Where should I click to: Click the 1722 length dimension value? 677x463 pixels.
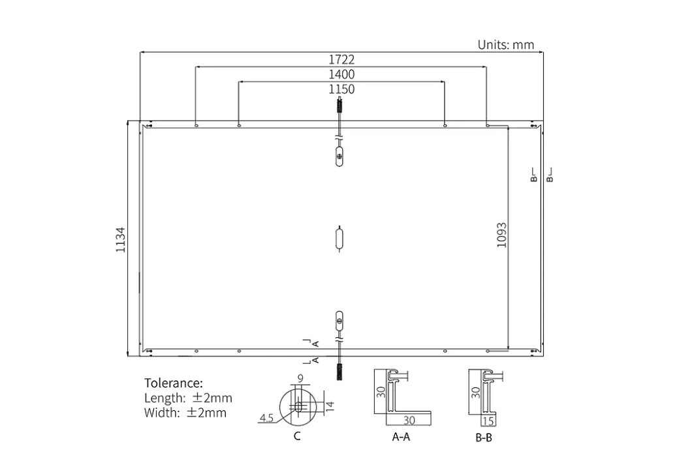point(341,59)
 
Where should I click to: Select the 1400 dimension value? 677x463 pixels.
point(341,74)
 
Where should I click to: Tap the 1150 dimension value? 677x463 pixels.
point(341,89)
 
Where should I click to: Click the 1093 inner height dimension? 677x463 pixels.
point(501,235)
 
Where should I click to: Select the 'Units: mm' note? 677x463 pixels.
point(505,44)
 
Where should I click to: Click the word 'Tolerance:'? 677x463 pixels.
point(173,383)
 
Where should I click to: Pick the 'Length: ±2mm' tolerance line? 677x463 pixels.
point(188,398)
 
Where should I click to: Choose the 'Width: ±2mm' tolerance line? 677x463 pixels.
point(185,413)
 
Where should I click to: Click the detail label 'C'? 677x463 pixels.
point(297,436)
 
